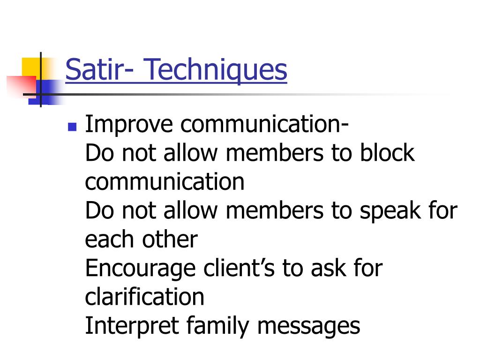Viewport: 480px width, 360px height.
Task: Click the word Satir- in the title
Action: [x=97, y=70]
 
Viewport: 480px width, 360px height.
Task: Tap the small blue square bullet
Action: [x=72, y=127]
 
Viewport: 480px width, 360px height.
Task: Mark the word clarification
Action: [x=144, y=297]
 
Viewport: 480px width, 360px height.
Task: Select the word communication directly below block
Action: [x=165, y=182]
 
